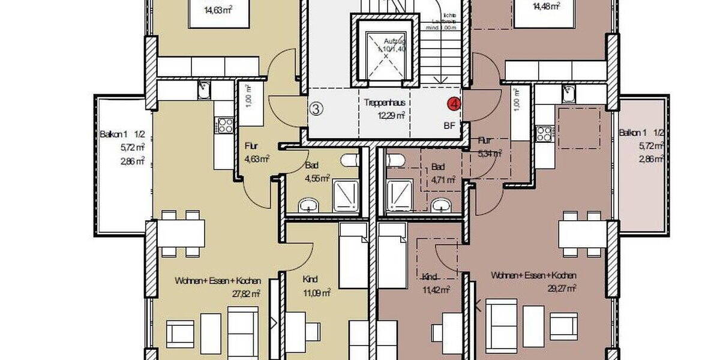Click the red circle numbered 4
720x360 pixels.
pyautogui.click(x=455, y=104)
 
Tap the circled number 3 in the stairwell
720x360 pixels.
pyautogui.click(x=317, y=109)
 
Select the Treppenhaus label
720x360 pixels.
pyautogui.click(x=385, y=103)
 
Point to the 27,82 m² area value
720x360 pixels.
pyautogui.click(x=247, y=293)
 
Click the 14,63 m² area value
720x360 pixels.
pyautogui.click(x=218, y=9)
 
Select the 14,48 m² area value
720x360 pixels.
pyautogui.click(x=546, y=5)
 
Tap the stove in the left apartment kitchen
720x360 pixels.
pyautogui.click(x=226, y=125)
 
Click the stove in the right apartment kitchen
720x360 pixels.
pyautogui.click(x=544, y=133)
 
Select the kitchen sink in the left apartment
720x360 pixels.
pyautogui.click(x=204, y=91)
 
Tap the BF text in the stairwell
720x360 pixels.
pyautogui.click(x=449, y=126)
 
